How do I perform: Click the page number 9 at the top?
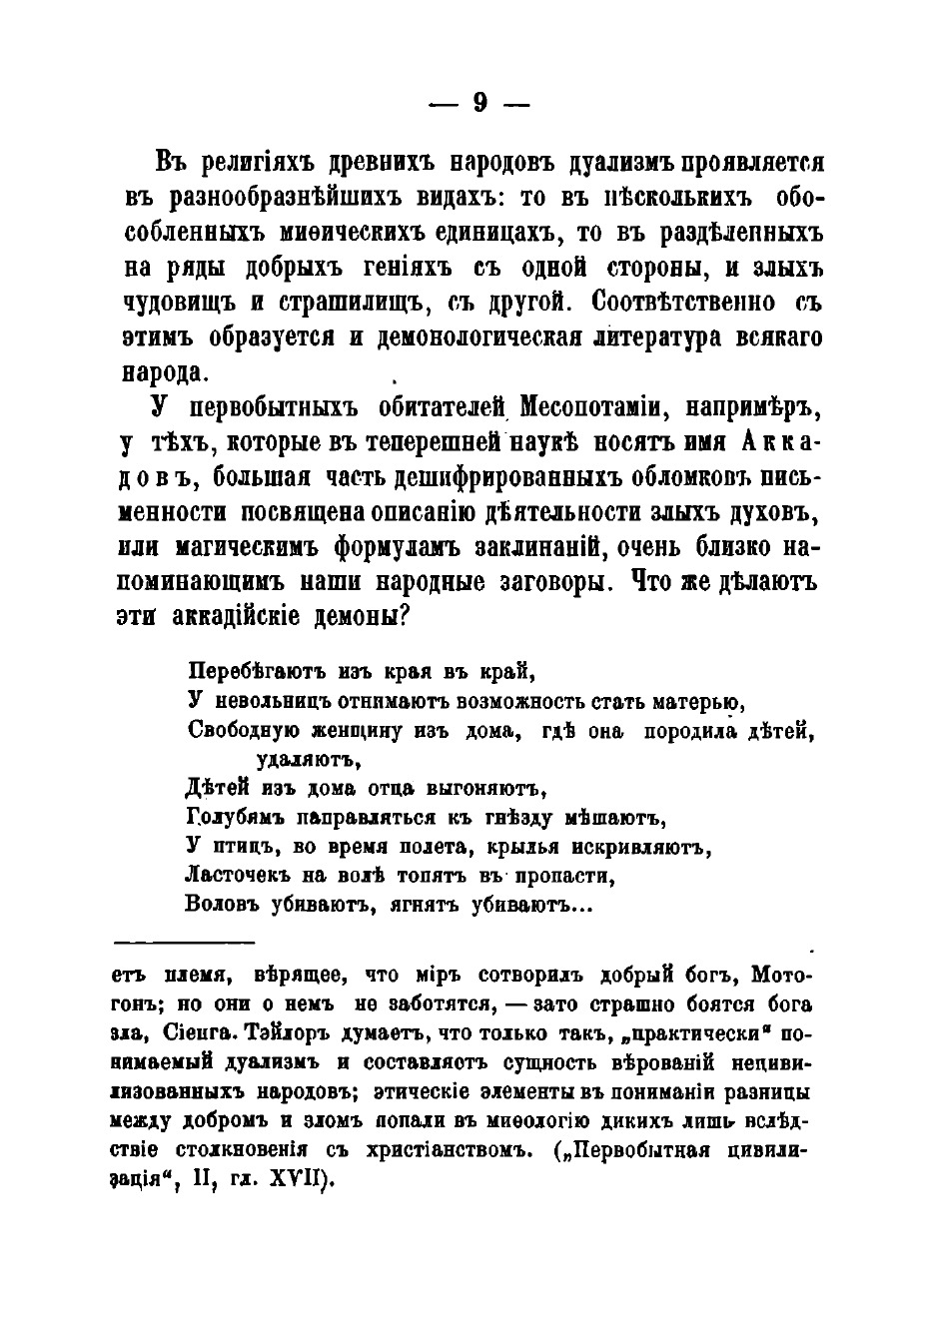click(478, 103)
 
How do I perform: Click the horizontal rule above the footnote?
click(186, 941)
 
